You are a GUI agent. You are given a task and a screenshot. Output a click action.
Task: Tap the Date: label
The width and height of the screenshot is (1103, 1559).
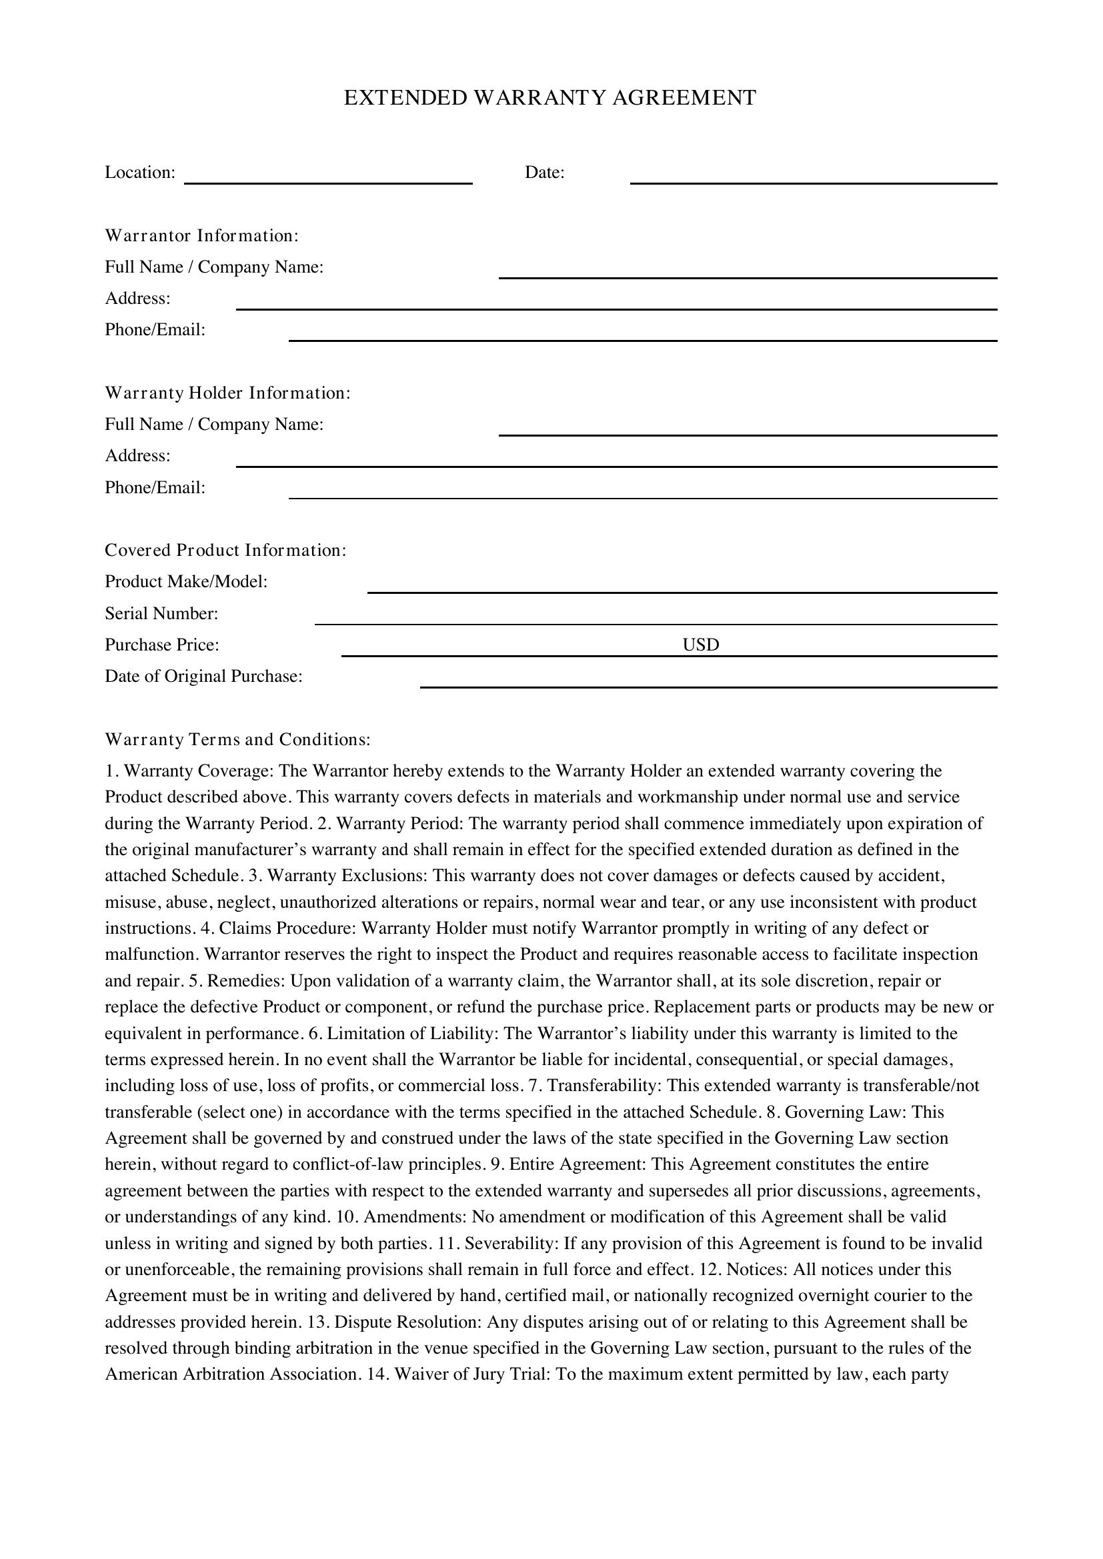(x=544, y=173)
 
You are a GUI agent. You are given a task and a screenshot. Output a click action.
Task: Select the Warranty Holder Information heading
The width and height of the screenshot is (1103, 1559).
(x=227, y=393)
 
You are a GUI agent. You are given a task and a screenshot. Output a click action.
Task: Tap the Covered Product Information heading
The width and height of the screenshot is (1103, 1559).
(x=225, y=550)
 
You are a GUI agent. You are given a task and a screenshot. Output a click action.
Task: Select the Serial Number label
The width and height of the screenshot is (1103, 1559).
(x=161, y=614)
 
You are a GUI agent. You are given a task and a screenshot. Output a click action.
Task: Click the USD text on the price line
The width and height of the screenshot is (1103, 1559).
(x=700, y=645)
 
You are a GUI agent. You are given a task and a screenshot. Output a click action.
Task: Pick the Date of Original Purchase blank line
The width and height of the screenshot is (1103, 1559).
(x=708, y=683)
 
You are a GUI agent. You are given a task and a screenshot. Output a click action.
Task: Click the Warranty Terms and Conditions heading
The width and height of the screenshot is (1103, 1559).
(x=237, y=739)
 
